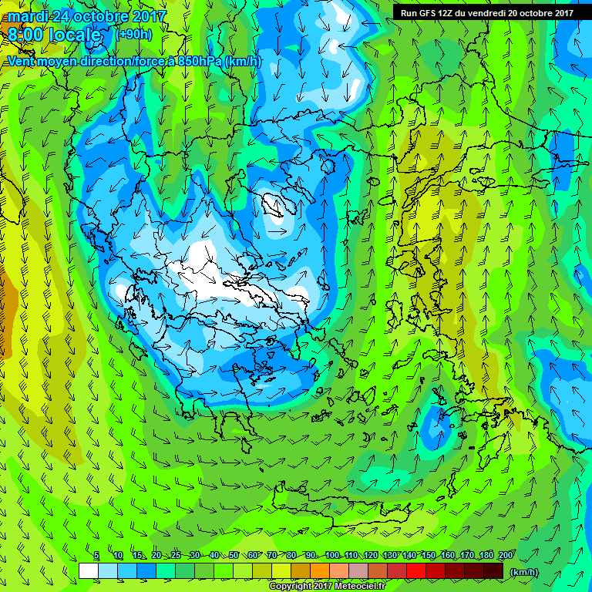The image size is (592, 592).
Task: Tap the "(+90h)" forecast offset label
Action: (133, 35)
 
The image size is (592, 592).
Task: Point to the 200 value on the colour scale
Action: (506, 556)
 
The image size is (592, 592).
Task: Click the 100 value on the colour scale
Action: (332, 556)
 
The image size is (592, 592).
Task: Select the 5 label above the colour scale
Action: (96, 556)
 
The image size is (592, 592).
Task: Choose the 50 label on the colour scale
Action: (234, 556)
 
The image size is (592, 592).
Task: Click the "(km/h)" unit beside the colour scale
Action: (523, 571)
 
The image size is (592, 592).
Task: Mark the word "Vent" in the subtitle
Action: (22, 61)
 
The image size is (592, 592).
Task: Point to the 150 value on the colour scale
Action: (429, 556)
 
